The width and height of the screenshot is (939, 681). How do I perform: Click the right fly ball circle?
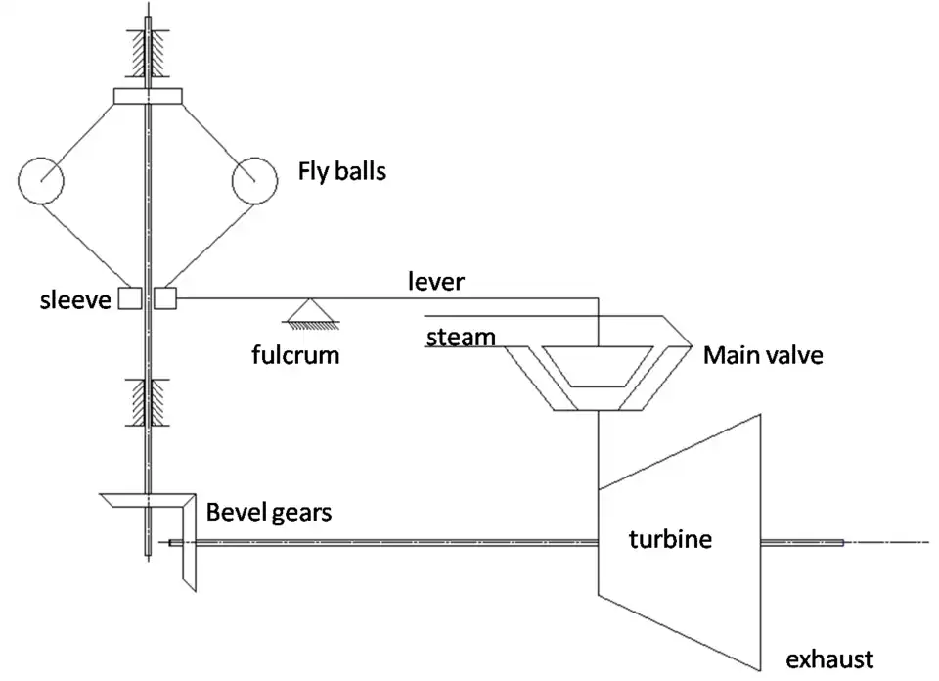(x=255, y=181)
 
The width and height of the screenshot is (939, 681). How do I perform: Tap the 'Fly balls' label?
(x=342, y=172)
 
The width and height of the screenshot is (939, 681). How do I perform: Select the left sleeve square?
(x=129, y=298)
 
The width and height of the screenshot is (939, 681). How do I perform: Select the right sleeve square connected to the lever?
(x=165, y=297)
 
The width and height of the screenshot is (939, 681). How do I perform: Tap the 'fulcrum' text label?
(x=295, y=353)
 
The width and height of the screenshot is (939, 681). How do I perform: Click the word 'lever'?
(x=436, y=282)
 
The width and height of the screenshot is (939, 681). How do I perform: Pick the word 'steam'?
(x=461, y=338)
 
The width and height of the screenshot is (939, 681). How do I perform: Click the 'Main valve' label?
(x=763, y=354)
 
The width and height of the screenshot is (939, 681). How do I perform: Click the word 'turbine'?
(x=670, y=538)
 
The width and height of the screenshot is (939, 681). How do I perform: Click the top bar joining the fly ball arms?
(x=149, y=96)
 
